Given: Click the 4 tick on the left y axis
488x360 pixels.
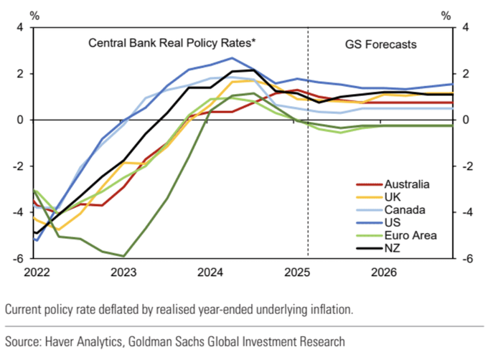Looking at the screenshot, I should point(20,28).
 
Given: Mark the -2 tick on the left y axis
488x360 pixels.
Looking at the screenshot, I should point(18,166).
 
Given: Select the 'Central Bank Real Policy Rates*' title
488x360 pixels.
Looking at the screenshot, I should point(172,44).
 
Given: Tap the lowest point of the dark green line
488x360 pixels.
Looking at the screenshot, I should point(123,255).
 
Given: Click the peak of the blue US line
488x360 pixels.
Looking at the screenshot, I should point(232,58).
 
